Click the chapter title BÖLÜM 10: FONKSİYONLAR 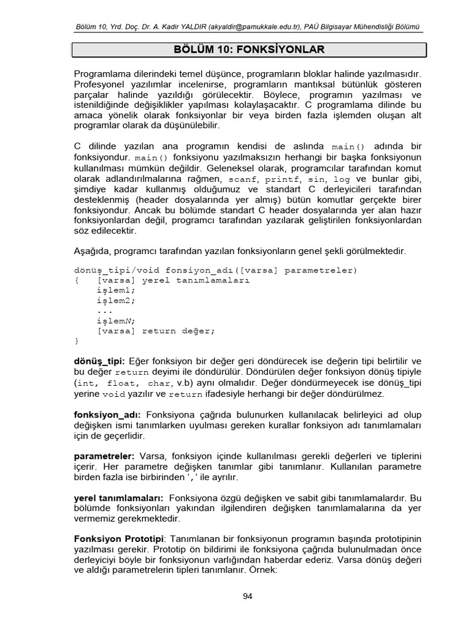click(x=247, y=50)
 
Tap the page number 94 click(x=247, y=596)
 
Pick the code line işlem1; click(x=115, y=290)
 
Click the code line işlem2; click(x=115, y=300)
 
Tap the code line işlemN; click(x=115, y=320)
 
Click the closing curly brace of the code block click(x=76, y=340)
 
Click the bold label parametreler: click(x=104, y=456)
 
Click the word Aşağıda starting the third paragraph click(x=92, y=251)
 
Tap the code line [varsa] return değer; click(x=156, y=331)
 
